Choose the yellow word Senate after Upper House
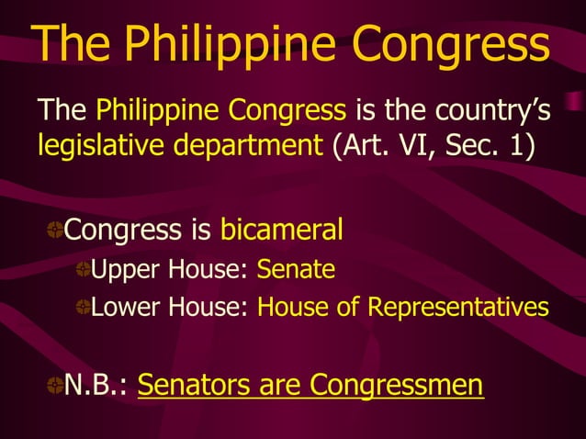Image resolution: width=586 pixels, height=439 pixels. (296, 271)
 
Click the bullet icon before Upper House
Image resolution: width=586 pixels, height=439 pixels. (83, 272)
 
